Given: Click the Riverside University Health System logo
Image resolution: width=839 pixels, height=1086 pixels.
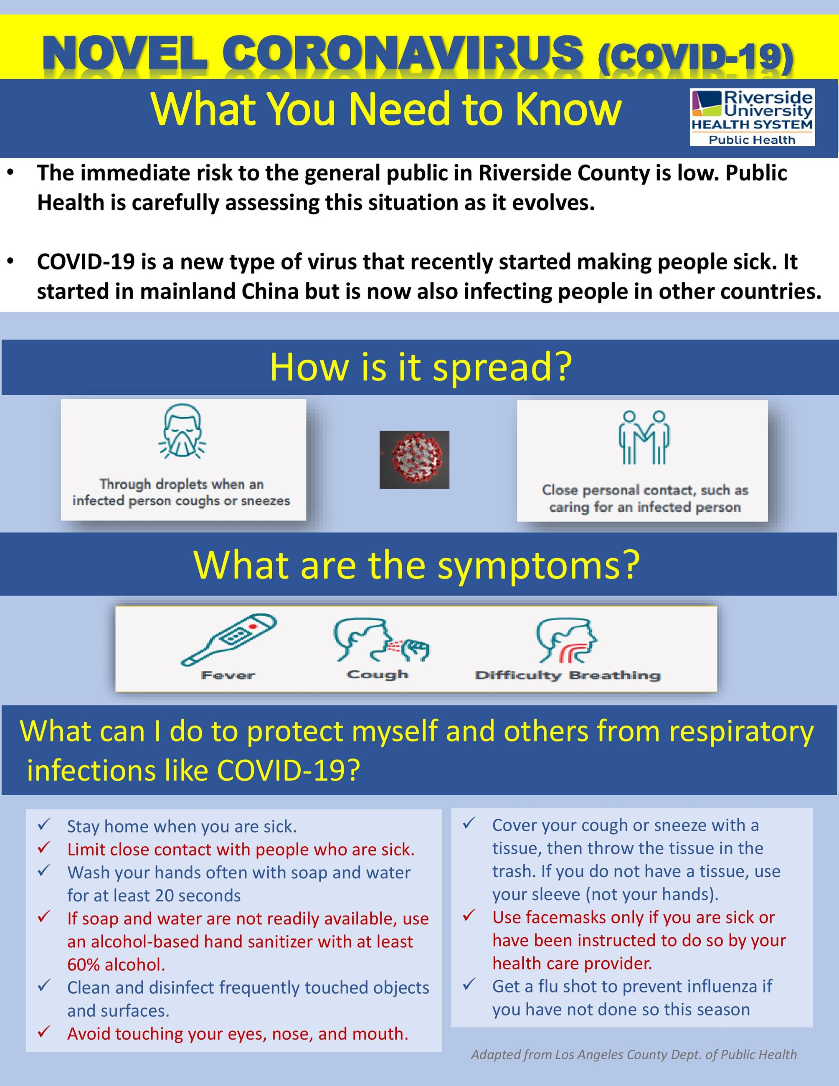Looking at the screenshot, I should pyautogui.click(x=752, y=117).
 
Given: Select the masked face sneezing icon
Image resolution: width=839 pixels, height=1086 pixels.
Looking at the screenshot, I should pyautogui.click(x=182, y=431).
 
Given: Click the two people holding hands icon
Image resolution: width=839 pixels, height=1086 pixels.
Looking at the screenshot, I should pyautogui.click(x=644, y=438).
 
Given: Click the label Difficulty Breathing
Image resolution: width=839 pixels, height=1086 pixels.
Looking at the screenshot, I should pyautogui.click(x=568, y=675).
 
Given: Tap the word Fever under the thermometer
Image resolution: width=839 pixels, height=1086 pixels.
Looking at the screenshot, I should pyautogui.click(x=228, y=675).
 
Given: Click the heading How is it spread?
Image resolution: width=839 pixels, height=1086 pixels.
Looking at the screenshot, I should pyautogui.click(x=421, y=367).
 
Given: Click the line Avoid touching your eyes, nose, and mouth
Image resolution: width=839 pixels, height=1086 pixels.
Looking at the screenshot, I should pyautogui.click(x=238, y=1033).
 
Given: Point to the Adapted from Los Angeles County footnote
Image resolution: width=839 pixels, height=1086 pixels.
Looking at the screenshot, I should pyautogui.click(x=634, y=1054).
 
